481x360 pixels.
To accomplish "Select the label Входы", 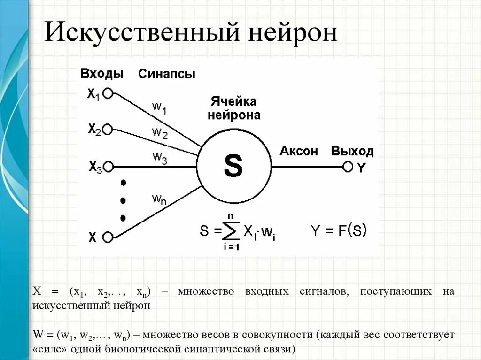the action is click(102, 74).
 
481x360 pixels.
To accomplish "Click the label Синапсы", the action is click(167, 74).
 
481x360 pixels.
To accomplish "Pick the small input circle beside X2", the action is click(108, 129).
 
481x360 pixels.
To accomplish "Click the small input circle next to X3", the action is click(109, 166).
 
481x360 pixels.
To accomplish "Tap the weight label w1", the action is click(159, 107).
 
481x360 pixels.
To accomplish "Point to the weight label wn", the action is click(159, 199).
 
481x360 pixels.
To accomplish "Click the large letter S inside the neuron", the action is click(233, 166).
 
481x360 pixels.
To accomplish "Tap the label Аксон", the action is click(299, 151).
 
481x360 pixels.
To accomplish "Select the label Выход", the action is click(352, 151).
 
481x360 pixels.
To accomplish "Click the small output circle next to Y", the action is click(348, 166).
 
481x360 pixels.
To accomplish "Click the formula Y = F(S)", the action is click(339, 230).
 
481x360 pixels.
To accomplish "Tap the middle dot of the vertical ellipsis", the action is click(123, 200).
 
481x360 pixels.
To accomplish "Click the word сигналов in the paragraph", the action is click(324, 291).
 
